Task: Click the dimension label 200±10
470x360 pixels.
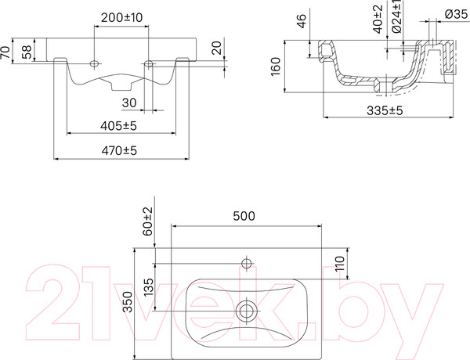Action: tap(121, 16)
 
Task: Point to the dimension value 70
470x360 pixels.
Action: tap(7, 53)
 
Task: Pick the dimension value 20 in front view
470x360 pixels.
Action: tap(216, 49)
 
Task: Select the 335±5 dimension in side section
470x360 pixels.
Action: tap(385, 111)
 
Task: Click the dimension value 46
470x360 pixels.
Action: tap(300, 21)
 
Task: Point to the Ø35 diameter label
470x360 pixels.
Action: tap(455, 15)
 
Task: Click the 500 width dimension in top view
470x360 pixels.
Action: tap(247, 218)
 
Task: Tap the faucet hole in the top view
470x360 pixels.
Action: tap(247, 263)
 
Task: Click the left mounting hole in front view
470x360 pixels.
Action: tap(95, 62)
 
